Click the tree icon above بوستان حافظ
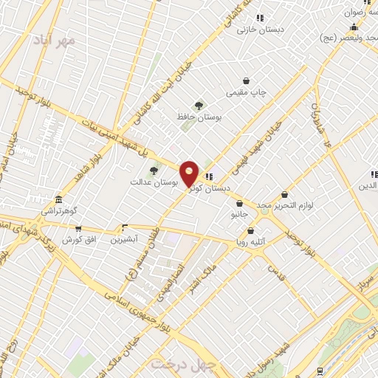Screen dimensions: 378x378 click(x=198, y=105)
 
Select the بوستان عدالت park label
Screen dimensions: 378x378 click(x=151, y=182)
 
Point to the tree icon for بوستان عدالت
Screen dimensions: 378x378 click(x=154, y=171)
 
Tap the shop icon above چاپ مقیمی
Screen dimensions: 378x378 click(x=246, y=80)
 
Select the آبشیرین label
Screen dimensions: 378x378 click(x=125, y=240)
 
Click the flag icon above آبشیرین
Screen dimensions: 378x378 click(x=125, y=227)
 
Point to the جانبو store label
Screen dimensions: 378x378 click(x=238, y=215)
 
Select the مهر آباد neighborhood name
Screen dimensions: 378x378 click(x=59, y=42)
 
